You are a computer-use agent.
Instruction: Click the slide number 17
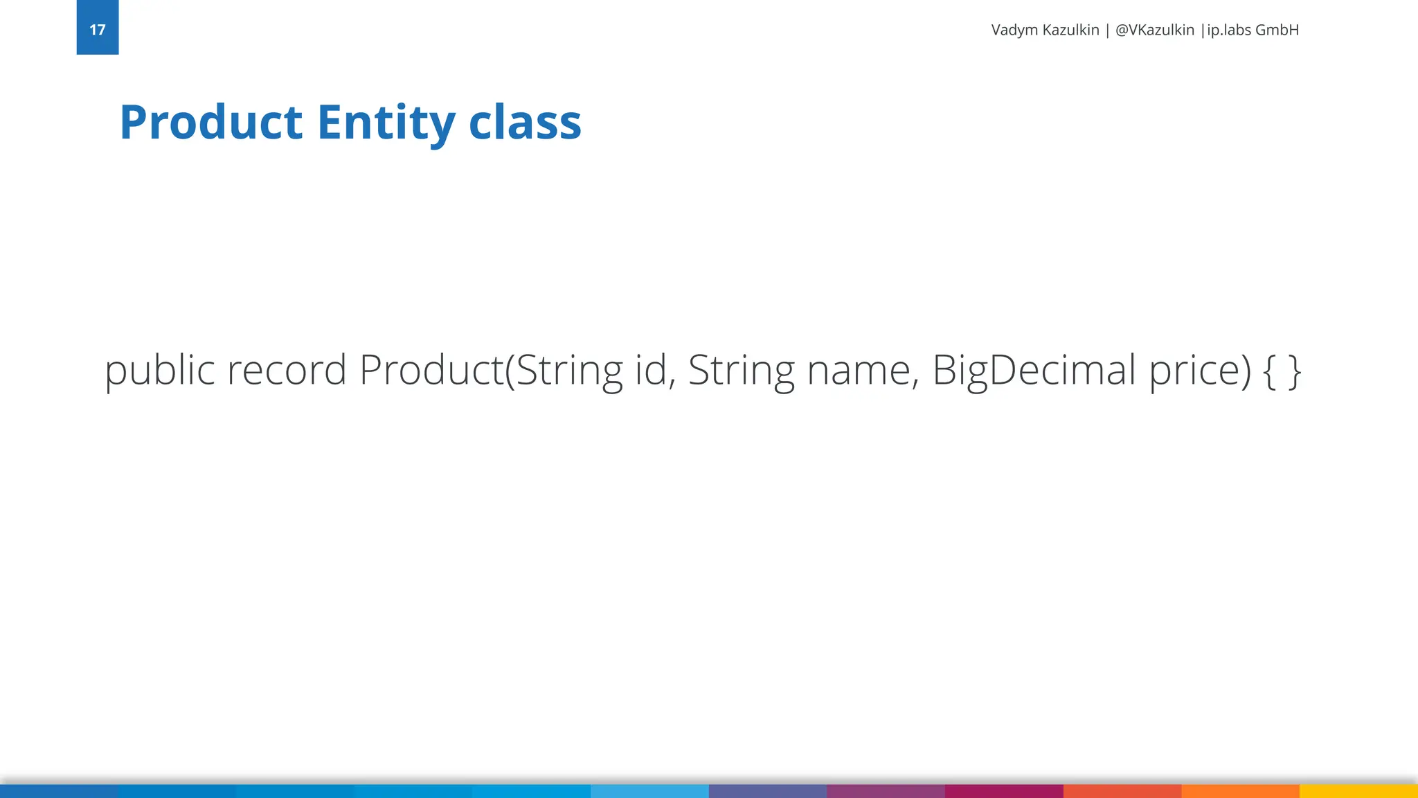click(x=98, y=30)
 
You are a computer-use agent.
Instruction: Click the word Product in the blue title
click(x=211, y=123)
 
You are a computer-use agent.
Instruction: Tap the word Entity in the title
click(x=386, y=123)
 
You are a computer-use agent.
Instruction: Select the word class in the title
click(x=525, y=123)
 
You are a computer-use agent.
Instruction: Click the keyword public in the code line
click(x=159, y=371)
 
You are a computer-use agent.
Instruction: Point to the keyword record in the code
click(x=287, y=371)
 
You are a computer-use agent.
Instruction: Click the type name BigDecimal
click(x=1034, y=371)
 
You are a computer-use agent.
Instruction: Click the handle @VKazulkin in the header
click(x=1154, y=30)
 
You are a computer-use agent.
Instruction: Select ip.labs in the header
click(x=1228, y=30)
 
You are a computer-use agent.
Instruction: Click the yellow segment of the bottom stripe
click(x=1358, y=791)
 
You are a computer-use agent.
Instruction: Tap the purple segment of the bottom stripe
click(x=886, y=791)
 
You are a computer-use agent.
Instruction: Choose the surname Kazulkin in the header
click(x=1070, y=30)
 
